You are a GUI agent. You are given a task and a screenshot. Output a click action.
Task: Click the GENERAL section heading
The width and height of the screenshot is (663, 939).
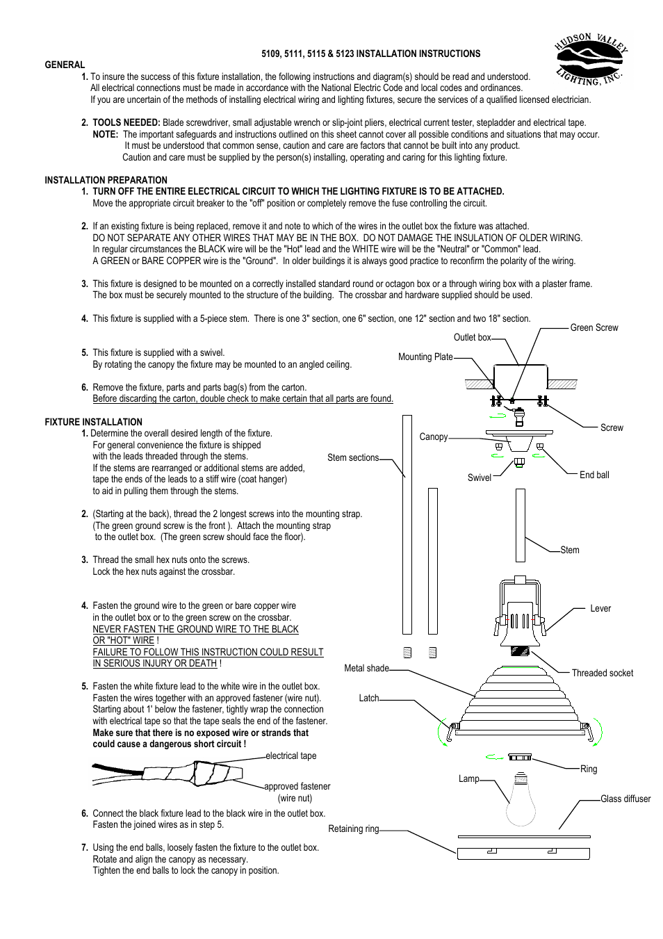[65, 65]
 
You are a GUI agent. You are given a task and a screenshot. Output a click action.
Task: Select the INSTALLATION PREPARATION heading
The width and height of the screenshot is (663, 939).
[106, 180]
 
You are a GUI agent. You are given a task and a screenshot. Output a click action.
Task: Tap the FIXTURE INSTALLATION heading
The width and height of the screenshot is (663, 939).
[93, 422]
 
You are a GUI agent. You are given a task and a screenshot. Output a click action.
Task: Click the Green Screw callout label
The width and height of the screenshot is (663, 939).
[594, 327]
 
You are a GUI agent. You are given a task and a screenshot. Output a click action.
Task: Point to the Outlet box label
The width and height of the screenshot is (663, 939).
[472, 337]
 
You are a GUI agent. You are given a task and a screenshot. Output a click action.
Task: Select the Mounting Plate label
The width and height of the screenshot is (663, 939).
[425, 357]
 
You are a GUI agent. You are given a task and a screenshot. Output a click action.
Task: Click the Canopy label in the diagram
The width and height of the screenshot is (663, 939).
[433, 436]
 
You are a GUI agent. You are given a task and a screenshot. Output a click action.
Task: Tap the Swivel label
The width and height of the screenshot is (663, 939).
[479, 477]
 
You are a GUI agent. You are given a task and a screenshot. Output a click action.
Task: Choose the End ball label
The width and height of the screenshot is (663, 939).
[594, 475]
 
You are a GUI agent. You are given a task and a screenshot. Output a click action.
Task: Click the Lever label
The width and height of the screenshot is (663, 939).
[600, 608]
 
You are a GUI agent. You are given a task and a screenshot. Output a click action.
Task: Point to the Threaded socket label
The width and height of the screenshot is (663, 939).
[602, 673]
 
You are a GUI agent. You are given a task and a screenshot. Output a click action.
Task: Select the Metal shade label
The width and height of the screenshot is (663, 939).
[366, 668]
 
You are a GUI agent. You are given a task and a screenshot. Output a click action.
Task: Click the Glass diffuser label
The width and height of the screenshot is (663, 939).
[625, 799]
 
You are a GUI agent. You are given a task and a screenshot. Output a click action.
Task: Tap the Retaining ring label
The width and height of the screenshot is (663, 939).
[353, 828]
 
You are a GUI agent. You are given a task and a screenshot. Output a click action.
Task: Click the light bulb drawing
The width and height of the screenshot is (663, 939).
[521, 801]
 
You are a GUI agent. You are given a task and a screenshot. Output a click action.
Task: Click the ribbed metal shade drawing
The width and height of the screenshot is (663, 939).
[520, 699]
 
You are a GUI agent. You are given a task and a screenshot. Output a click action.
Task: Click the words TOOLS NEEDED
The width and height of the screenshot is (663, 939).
[126, 122]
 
